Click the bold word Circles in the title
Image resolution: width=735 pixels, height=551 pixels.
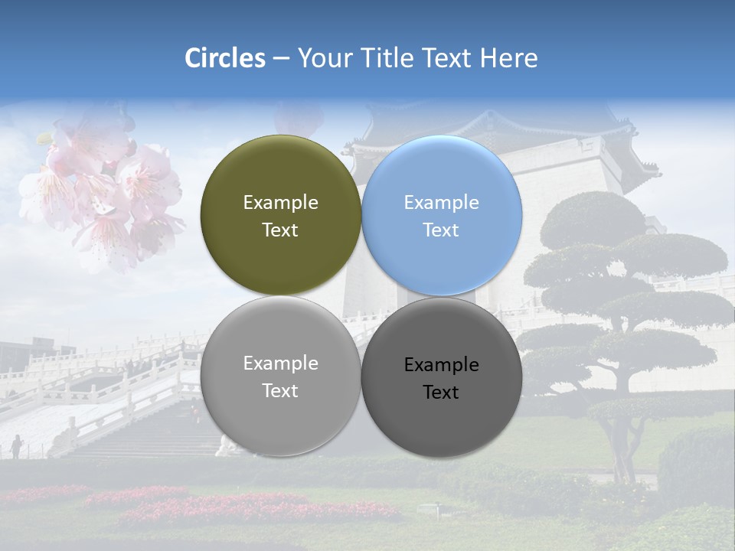tap(225, 58)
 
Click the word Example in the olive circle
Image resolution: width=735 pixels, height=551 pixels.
tap(280, 203)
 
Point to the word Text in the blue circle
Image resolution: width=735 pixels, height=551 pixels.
tap(441, 230)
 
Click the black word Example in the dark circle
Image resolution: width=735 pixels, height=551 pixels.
tap(442, 365)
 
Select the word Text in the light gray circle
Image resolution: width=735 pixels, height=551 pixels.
tap(280, 391)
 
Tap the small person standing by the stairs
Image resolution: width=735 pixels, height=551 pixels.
tap(15, 446)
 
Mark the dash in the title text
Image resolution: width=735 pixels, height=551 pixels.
tap(281, 59)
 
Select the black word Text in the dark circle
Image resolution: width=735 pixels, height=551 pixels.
tap(441, 393)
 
